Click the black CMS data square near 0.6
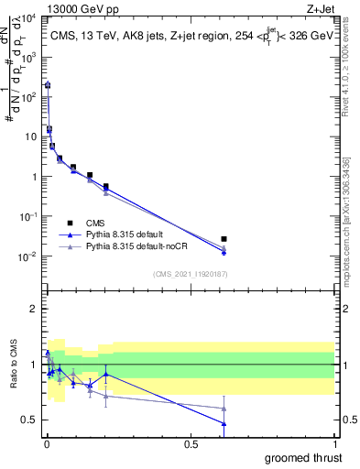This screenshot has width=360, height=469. coord(224,239)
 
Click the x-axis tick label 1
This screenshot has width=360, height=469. coord(334,444)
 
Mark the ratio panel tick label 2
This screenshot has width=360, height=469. coord(32,309)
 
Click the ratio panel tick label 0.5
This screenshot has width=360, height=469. coord(29,420)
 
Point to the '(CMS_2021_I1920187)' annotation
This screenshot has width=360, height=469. coord(190,273)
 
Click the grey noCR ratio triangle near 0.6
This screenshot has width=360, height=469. coord(224,409)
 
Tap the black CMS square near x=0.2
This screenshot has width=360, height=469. coord(106,186)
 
